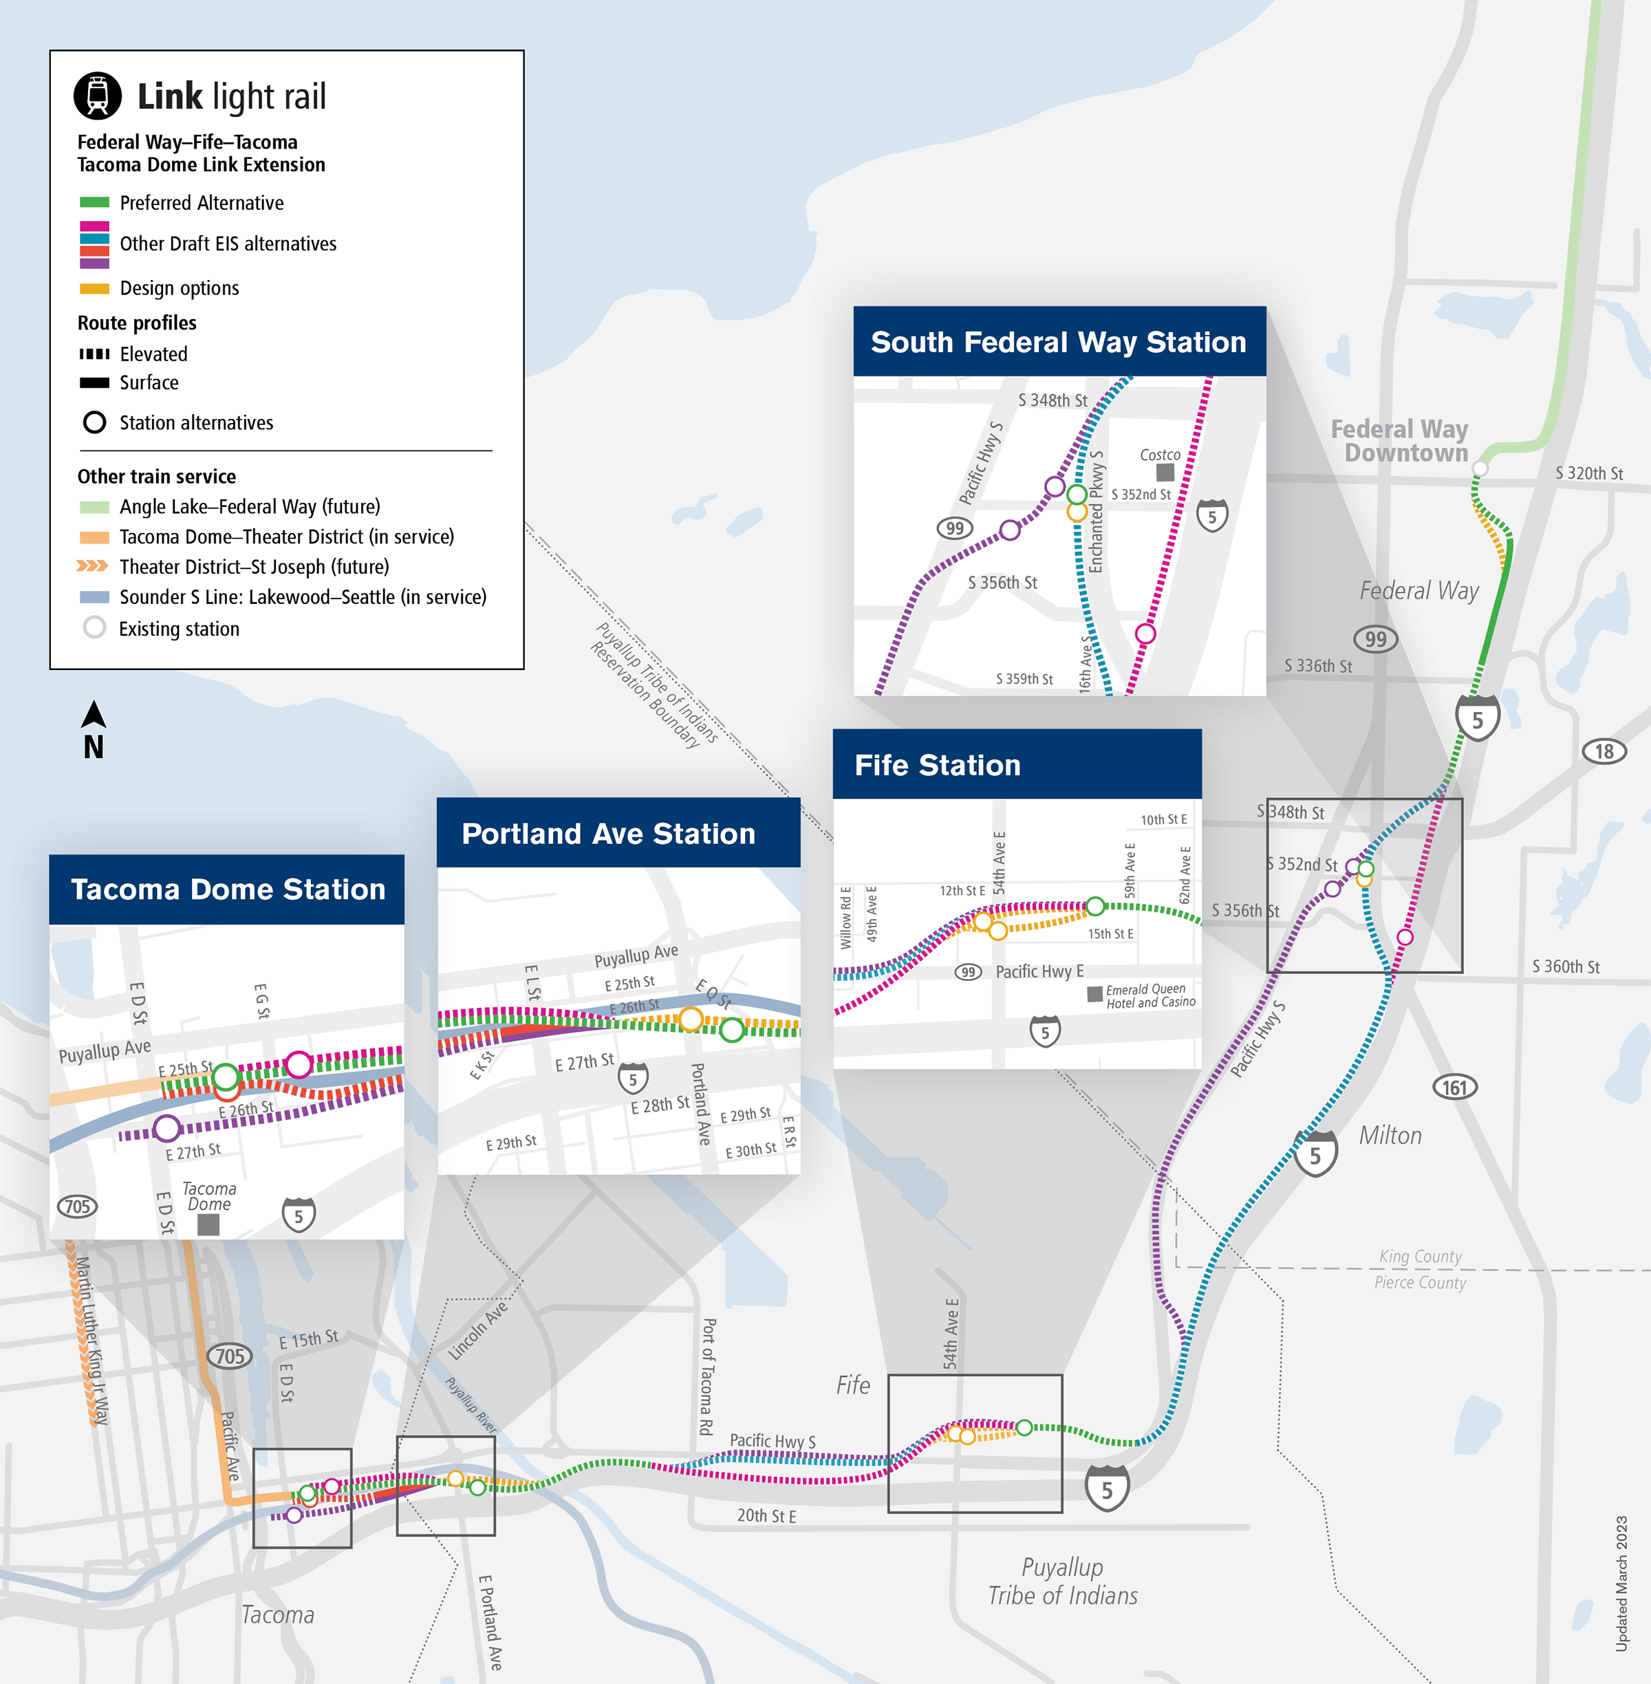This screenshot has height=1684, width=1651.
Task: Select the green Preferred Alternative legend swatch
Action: point(94,202)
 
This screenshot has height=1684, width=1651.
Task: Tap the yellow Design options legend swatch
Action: point(94,288)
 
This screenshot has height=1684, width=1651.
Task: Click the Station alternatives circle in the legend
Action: point(94,422)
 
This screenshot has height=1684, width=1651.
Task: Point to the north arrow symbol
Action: point(94,715)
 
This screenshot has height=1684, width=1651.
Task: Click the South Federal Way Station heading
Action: point(1058,342)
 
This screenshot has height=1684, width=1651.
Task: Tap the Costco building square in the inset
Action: point(1165,472)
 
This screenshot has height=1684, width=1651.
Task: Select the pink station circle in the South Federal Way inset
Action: point(1145,634)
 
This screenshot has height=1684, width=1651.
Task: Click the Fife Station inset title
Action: point(938,765)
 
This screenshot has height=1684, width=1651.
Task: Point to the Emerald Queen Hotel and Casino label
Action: point(1150,995)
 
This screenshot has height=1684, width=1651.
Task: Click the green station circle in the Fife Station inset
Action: point(1096,906)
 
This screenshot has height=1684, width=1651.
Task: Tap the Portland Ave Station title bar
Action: point(609,833)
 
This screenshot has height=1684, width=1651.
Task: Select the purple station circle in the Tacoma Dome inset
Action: point(166,1128)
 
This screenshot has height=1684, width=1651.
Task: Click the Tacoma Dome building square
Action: point(208,1224)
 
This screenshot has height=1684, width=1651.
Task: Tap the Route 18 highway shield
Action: point(1604,751)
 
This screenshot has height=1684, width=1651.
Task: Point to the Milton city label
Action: point(1390,1135)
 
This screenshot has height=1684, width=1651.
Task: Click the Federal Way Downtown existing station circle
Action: point(1480,468)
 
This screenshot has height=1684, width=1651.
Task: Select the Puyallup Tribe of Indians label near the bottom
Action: point(1062,1581)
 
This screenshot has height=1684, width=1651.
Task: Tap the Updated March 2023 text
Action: point(1621,1584)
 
